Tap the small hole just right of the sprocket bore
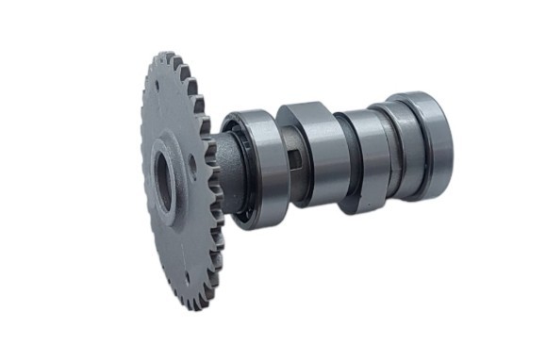coord(192,170)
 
